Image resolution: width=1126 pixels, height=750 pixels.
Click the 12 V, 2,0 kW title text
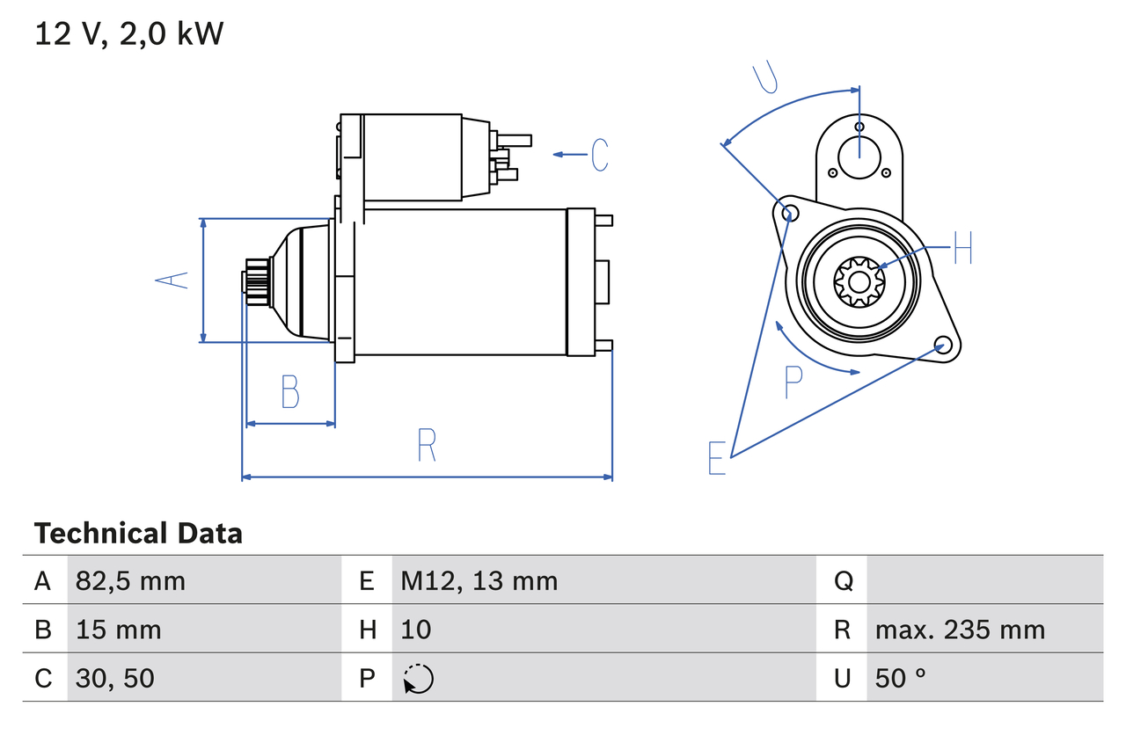[129, 34]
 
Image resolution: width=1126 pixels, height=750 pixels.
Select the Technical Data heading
[138, 534]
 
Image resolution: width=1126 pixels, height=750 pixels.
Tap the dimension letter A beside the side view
[172, 280]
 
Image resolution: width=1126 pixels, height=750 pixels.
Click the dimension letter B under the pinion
[290, 392]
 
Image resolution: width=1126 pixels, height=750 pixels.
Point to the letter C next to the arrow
[600, 155]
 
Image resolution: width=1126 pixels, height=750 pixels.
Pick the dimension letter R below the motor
[427, 445]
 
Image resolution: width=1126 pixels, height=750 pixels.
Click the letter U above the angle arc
[766, 77]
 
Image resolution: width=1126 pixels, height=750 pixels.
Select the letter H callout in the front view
[962, 249]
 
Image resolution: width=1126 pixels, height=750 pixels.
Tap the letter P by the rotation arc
[793, 382]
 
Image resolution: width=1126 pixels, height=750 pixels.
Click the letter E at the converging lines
[717, 458]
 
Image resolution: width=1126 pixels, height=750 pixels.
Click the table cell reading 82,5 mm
[130, 580]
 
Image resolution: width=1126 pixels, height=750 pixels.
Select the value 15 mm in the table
[119, 630]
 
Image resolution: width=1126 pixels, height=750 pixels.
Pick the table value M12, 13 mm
[479, 580]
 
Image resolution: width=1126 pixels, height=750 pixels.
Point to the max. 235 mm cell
[960, 630]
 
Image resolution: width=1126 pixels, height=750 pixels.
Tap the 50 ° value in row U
[902, 678]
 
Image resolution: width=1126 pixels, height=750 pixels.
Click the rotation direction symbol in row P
[419, 679]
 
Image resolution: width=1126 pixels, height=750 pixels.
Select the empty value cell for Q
[983, 580]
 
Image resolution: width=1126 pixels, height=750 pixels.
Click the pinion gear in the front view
[859, 282]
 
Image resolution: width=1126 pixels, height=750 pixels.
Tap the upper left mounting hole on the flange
[789, 212]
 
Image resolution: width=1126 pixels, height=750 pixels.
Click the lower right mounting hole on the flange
[942, 344]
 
